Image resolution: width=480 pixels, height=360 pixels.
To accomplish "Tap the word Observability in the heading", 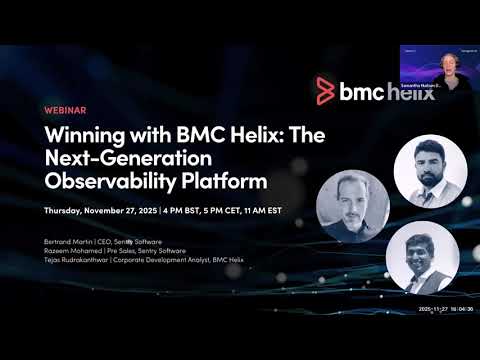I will (x=99, y=182).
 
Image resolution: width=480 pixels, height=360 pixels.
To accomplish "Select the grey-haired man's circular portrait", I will (x=351, y=203).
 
